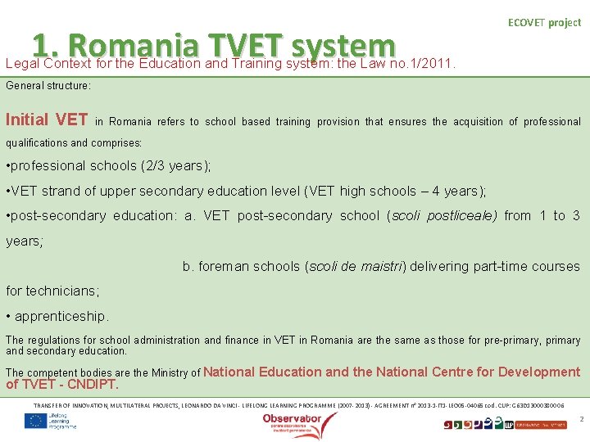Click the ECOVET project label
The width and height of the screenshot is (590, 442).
pos(544,23)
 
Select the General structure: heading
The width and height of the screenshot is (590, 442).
pos(48,85)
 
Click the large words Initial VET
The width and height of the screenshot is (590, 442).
pos(47,120)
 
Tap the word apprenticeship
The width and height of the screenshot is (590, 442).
pos(61,316)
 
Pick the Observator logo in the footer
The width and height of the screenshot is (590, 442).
pos(293,421)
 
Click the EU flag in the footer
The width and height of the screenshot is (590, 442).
pos(35,421)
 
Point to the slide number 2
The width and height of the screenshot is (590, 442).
pos(580,419)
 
